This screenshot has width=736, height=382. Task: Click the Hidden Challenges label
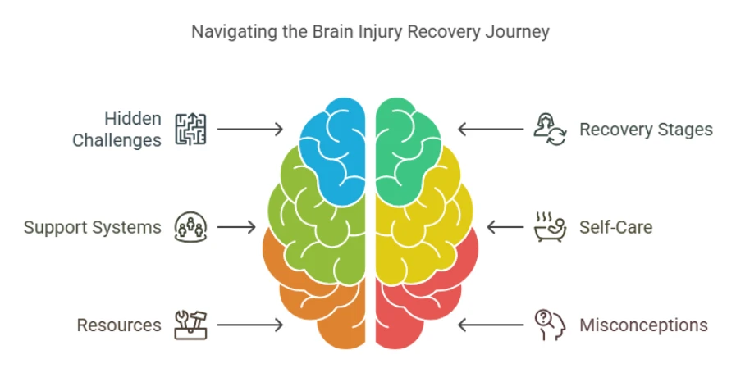[x=117, y=130]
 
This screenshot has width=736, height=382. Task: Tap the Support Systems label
[x=92, y=227]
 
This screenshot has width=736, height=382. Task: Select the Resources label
[x=119, y=325]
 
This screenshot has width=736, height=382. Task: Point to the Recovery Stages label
[x=646, y=130]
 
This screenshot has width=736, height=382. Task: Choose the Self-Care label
[x=616, y=227]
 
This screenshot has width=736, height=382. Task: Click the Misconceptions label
[x=643, y=325]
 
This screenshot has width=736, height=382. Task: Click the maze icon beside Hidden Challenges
[x=190, y=130]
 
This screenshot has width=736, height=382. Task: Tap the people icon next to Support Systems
[x=190, y=227]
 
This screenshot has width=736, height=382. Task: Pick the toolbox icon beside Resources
[x=190, y=325]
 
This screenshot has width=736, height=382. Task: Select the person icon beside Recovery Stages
[x=549, y=130]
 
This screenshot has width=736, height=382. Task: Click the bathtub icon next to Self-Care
[x=549, y=227]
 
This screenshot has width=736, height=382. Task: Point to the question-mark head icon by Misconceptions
[x=549, y=325]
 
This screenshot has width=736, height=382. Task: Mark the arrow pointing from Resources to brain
[x=249, y=325]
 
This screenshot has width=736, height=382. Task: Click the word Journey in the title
[x=519, y=33]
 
